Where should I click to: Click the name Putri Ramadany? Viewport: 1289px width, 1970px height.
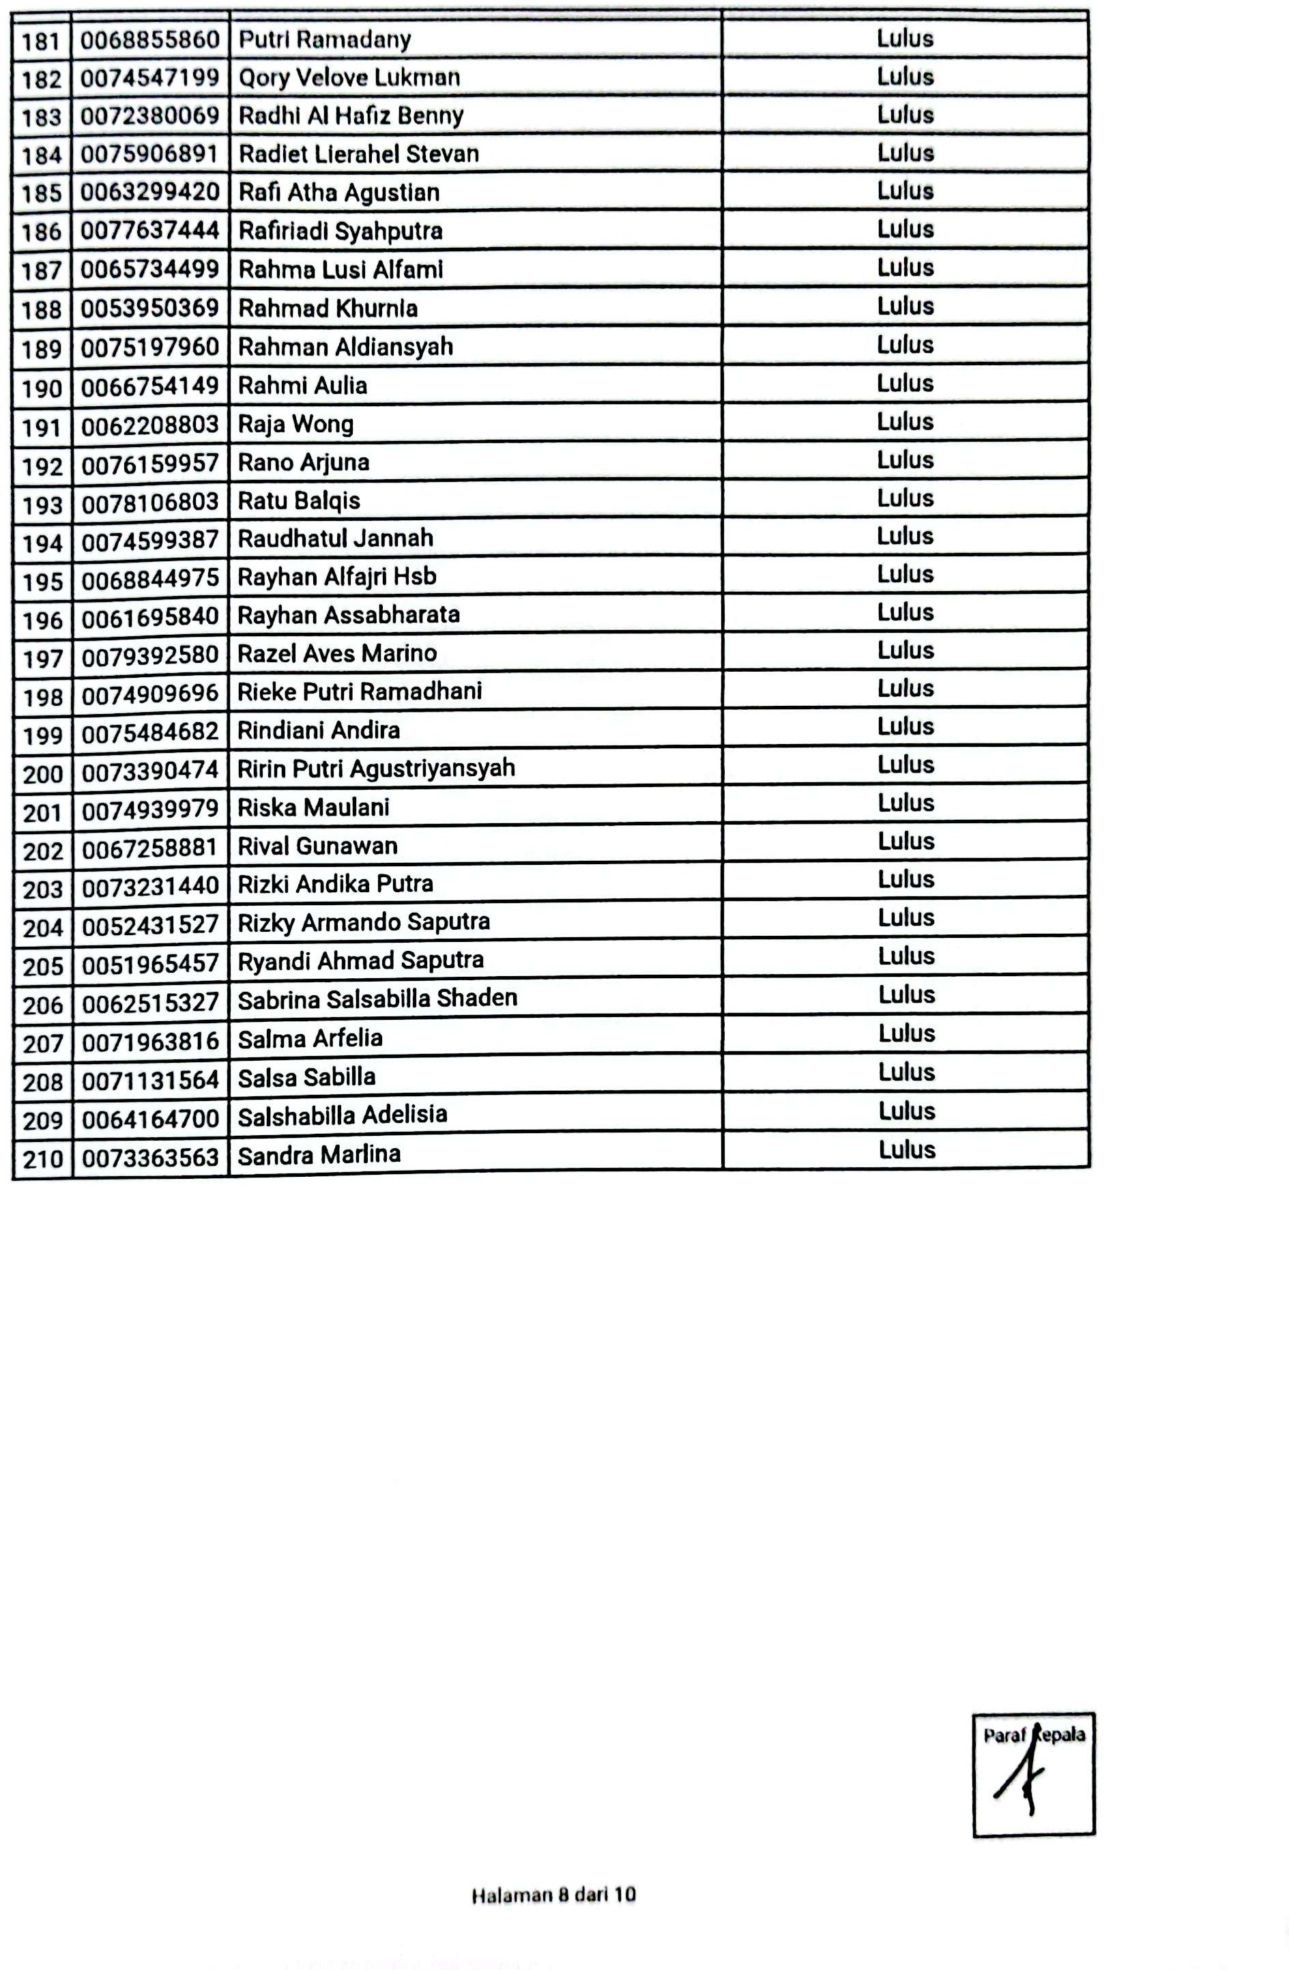324,40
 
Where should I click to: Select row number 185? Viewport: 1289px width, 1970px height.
42,194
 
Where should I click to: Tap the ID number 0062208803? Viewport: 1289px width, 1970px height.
149,425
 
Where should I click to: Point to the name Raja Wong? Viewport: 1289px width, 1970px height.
295,425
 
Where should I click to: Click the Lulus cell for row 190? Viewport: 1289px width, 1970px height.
905,383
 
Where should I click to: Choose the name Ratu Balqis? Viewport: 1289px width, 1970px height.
299,501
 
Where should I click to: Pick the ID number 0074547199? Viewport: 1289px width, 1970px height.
149,78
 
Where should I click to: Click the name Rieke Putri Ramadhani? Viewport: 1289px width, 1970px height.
359,691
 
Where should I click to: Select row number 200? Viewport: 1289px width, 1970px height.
43,775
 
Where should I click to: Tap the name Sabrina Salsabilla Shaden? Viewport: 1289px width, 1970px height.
377,998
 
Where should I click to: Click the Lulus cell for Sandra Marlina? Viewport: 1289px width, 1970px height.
907,1150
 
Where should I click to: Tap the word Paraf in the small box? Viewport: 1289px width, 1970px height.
1004,1736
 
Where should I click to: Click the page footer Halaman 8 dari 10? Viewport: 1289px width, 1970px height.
553,1896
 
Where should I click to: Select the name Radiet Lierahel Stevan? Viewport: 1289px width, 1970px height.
358,154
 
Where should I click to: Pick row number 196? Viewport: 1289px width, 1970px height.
43,620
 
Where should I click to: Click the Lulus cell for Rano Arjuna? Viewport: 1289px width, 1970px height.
905,460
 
